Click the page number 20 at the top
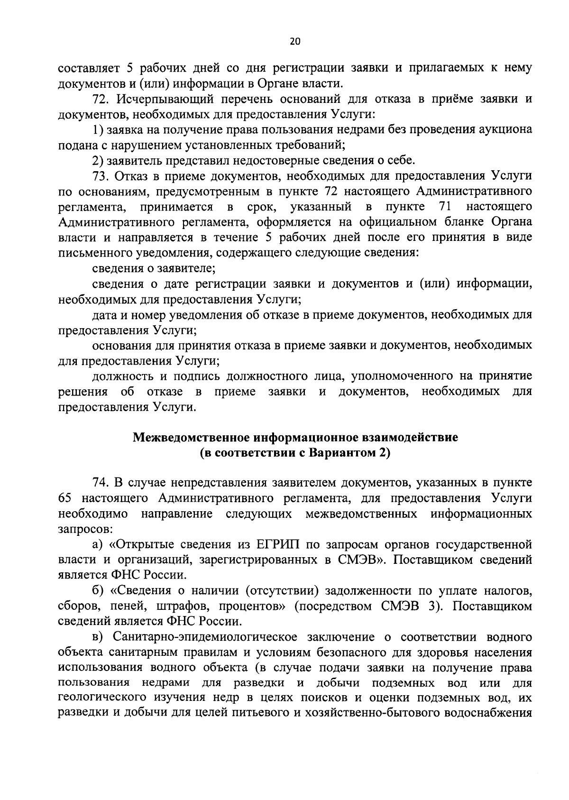(x=294, y=42)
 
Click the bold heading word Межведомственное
(x=192, y=437)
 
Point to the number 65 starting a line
(x=64, y=498)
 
